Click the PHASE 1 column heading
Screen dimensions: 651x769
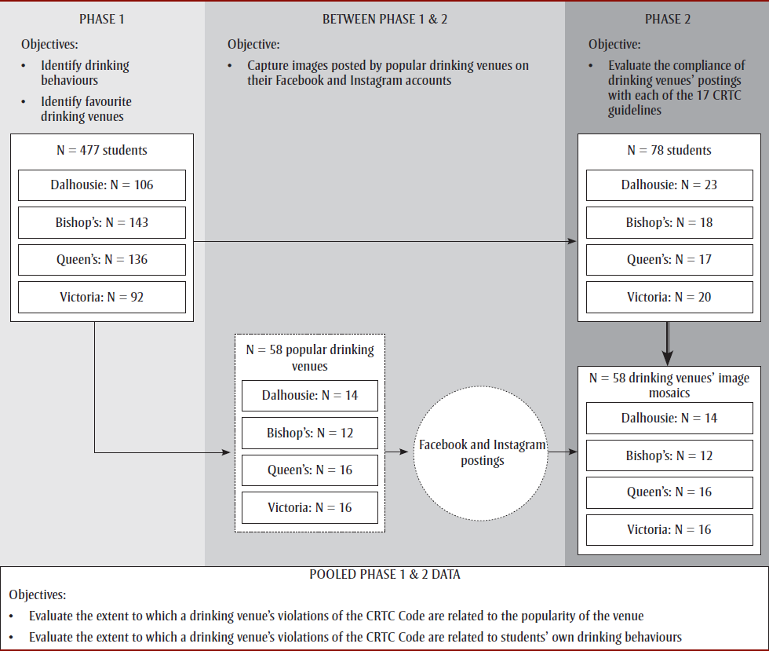tap(101, 19)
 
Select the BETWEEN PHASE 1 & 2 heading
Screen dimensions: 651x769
tap(384, 19)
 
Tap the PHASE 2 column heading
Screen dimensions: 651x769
tap(667, 19)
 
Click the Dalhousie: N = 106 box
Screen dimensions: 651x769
tap(102, 185)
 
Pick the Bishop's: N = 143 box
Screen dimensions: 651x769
tap(102, 222)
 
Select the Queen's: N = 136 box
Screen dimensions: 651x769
tap(102, 260)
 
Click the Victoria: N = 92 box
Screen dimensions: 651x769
tap(102, 298)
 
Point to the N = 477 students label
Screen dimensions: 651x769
tap(102, 150)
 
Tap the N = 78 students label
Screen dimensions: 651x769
tap(669, 150)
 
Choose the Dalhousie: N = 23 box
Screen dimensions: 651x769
tap(669, 185)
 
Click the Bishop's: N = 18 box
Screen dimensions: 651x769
tap(669, 222)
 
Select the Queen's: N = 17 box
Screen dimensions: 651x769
tap(669, 260)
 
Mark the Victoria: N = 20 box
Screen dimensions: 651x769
tap(669, 298)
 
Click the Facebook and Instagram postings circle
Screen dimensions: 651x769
tap(482, 452)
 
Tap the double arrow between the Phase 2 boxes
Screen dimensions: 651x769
tap(667, 343)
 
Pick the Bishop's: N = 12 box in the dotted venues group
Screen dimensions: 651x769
tap(310, 433)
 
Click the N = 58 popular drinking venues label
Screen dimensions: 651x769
tap(310, 357)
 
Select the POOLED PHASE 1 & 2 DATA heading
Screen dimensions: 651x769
tap(384, 575)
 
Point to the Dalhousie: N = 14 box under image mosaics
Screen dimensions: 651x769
tap(669, 419)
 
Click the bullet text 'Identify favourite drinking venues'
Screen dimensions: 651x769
tap(86, 109)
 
